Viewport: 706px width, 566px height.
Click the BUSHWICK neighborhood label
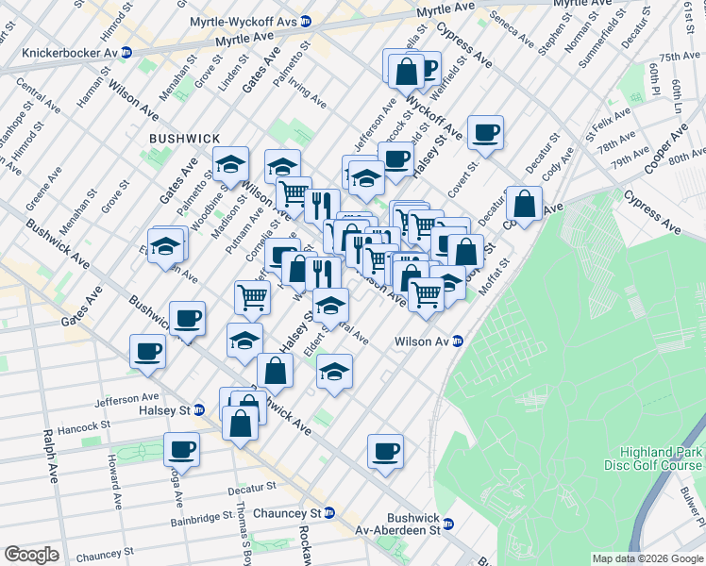pos(184,139)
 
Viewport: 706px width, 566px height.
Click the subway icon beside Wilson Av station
pos(458,341)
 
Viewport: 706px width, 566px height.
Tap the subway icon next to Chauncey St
pos(329,512)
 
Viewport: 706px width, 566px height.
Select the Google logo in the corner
pos(31,555)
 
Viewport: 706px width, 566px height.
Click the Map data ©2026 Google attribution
pos(647,558)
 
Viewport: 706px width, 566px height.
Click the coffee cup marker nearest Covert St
pos(485,133)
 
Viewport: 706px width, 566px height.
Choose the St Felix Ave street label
pos(603,123)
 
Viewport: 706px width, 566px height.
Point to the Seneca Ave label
pos(512,31)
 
